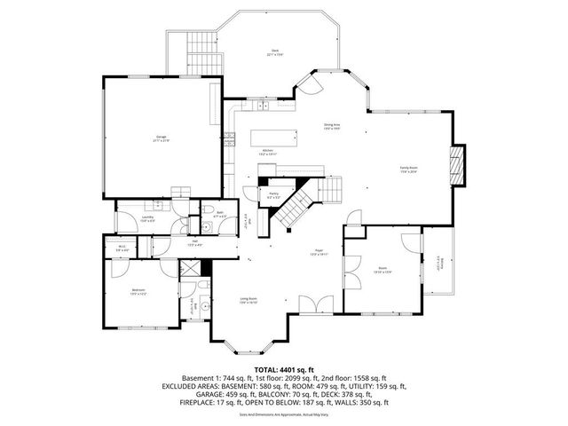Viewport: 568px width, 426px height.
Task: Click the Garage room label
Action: (161, 138)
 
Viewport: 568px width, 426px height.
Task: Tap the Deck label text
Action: (275, 52)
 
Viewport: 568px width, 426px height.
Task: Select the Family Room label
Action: (408, 170)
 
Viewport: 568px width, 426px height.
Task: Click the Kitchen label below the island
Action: (267, 152)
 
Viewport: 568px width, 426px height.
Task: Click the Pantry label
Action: (273, 194)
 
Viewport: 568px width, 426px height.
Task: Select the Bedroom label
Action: (140, 291)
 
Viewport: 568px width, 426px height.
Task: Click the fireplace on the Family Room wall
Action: (457, 168)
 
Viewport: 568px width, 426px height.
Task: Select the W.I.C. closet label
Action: (122, 248)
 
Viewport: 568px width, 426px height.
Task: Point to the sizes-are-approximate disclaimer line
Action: (283, 414)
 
